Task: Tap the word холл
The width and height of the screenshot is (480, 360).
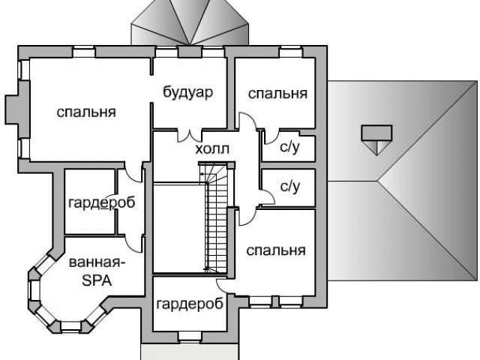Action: coord(212,150)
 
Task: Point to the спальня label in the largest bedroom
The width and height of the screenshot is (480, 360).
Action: coord(86,112)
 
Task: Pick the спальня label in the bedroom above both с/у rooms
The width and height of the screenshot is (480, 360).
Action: coord(277,94)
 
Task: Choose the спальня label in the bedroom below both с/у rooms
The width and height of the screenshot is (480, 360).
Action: coord(275,250)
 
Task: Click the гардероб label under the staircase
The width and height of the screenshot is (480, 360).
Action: coord(190,304)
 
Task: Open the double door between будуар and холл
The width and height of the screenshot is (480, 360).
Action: coord(189,136)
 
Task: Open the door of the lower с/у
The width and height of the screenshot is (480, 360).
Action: coord(266,196)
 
